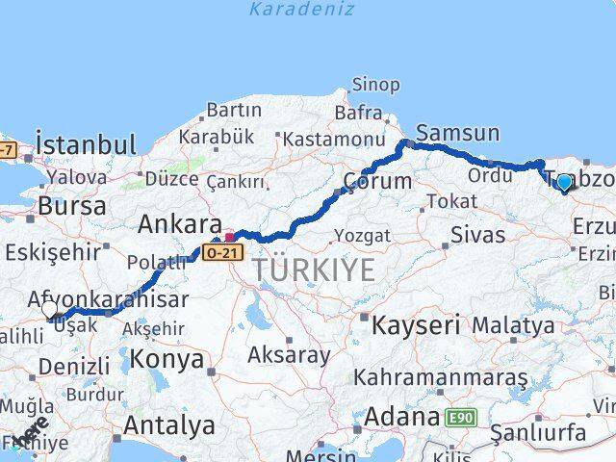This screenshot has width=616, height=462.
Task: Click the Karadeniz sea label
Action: pos(301,10)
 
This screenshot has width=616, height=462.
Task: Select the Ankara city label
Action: pos(173,224)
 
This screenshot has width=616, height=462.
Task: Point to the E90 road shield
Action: pos(460,418)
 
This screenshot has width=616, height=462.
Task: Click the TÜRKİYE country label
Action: pos(314,270)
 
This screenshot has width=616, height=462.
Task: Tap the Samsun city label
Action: pos(457,134)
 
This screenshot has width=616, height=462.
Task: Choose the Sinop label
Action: pos(375,85)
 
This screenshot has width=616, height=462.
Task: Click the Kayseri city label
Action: pos(416,324)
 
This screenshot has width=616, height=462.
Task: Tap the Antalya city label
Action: pos(169,424)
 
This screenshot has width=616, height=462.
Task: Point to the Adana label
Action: pos(399,418)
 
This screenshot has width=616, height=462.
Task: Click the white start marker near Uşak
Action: pos(51,309)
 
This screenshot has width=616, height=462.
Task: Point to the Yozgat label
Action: pos(364,236)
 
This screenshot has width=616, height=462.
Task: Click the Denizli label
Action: pos(74,366)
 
